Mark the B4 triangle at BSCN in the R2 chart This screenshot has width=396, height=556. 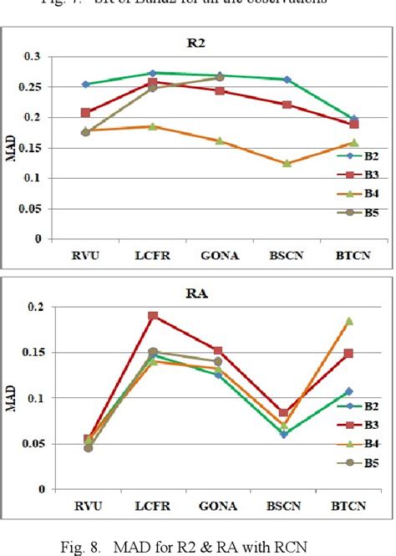pos(287,163)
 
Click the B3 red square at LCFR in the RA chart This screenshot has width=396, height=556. pos(153,316)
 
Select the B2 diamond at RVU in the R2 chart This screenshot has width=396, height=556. pos(87,84)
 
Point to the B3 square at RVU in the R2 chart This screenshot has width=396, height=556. pos(87,112)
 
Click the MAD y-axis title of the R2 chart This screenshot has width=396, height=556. pos(11,146)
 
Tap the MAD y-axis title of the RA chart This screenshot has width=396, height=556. pos(11,398)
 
